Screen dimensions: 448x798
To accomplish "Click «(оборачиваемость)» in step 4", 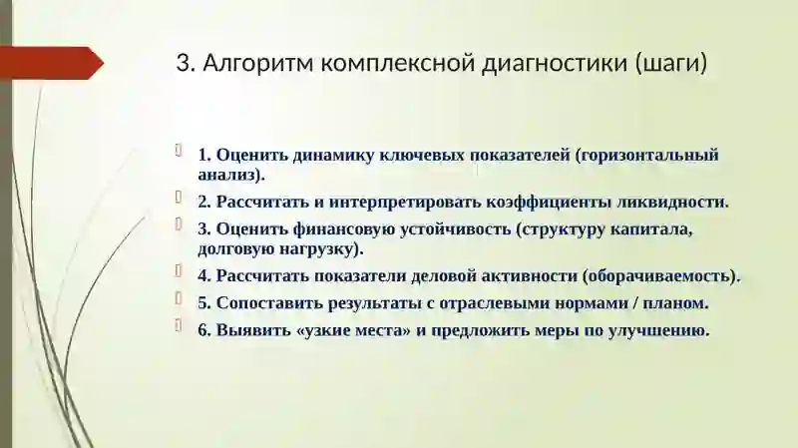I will (x=661, y=276).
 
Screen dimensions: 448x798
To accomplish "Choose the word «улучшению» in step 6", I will (x=661, y=331).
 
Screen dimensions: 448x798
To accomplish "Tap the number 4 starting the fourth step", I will (x=202, y=276).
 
